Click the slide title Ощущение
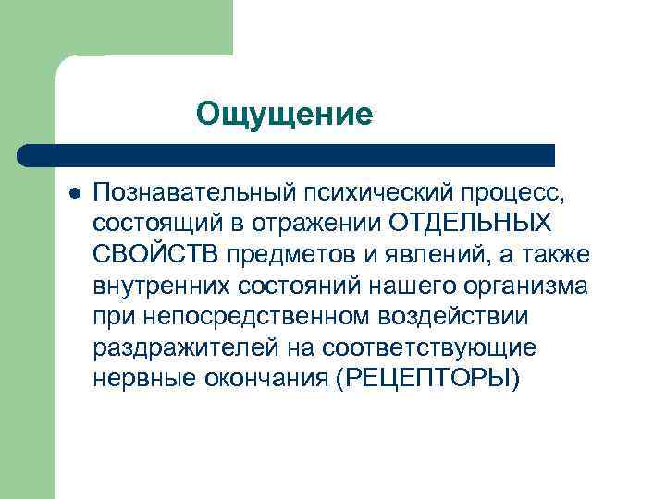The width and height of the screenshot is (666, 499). [284, 115]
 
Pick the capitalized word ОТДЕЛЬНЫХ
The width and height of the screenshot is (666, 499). [470, 223]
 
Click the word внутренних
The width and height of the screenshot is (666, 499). [161, 286]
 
